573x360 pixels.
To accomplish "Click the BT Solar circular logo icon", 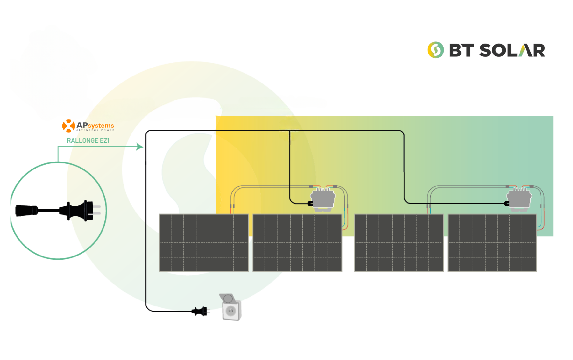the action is click(x=435, y=50).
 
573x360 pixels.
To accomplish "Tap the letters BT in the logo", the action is click(x=462, y=50).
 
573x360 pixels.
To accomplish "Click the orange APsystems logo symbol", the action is click(x=68, y=126).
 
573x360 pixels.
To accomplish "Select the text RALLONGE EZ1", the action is click(x=88, y=140).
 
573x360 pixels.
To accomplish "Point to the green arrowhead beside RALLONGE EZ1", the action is click(x=139, y=147).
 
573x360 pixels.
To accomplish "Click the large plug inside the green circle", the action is click(x=81, y=211).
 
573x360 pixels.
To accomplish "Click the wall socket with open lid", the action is click(x=231, y=307).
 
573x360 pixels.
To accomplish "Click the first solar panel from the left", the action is click(x=204, y=243).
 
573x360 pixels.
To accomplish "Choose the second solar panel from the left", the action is click(x=297, y=243).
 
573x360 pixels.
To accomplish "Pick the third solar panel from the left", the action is click(x=399, y=243).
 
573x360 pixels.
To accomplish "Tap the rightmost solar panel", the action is click(x=492, y=243).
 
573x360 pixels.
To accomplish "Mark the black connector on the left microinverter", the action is click(x=310, y=203).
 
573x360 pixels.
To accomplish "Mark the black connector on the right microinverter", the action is click(x=507, y=203).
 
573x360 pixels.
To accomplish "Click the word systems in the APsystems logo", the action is click(x=101, y=126).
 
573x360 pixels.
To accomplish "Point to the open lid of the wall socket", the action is click(x=227, y=299).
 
